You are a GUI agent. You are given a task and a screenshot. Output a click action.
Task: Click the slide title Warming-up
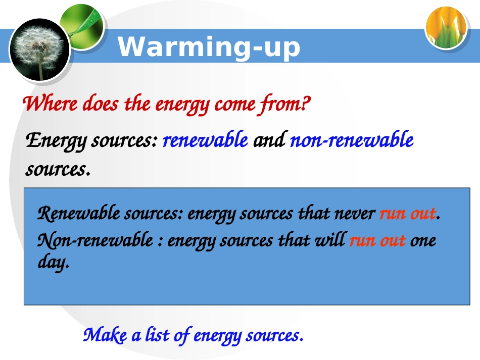[x=209, y=47]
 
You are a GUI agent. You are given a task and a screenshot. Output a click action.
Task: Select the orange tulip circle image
[x=446, y=28]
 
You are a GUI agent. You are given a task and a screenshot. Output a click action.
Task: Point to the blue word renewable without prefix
[x=205, y=140]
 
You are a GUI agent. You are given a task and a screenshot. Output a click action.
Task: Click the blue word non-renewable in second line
[x=352, y=140]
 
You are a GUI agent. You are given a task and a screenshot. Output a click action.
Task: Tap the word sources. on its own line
[x=58, y=169]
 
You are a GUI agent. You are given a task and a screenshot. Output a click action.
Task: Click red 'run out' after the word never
[x=407, y=214]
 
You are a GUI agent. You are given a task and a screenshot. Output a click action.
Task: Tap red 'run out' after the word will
[x=377, y=240]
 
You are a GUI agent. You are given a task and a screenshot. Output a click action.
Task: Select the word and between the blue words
[x=269, y=140]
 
